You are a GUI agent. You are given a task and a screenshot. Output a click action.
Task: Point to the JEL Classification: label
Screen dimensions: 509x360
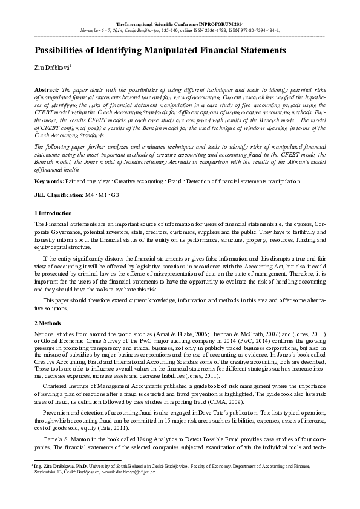tap(59, 195)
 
